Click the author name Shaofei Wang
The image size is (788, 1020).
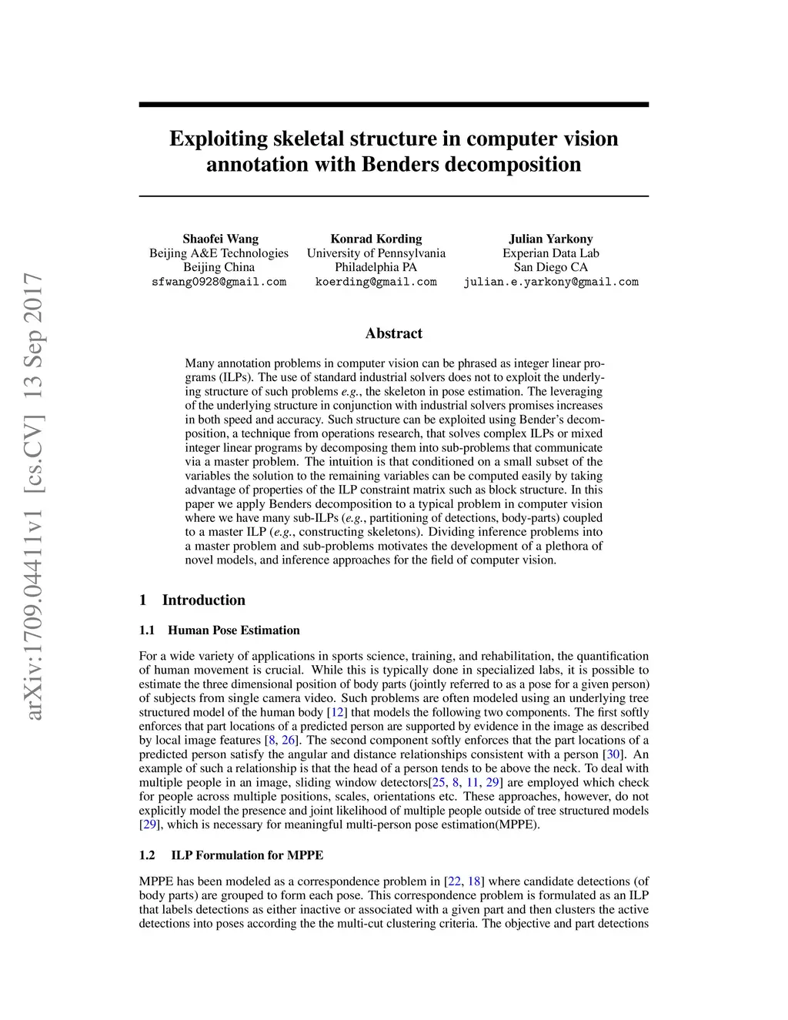[x=220, y=239]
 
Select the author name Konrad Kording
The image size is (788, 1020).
[x=376, y=239]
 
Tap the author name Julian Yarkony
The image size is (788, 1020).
[x=550, y=239]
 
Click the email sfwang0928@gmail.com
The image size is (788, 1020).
[x=219, y=282]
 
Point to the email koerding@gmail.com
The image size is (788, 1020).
[x=376, y=282]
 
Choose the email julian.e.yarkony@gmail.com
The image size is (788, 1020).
[x=550, y=282]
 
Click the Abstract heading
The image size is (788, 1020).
[x=393, y=333]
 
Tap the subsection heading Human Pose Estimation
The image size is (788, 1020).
[x=233, y=630]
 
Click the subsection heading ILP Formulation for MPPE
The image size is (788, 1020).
[x=246, y=855]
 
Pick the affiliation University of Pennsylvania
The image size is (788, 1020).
[x=376, y=253]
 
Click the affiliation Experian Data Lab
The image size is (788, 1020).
[x=550, y=253]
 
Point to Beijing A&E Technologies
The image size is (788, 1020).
[x=219, y=253]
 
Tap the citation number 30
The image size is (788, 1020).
[x=613, y=755]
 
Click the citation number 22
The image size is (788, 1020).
[x=454, y=881]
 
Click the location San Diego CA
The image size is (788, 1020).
[x=550, y=267]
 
